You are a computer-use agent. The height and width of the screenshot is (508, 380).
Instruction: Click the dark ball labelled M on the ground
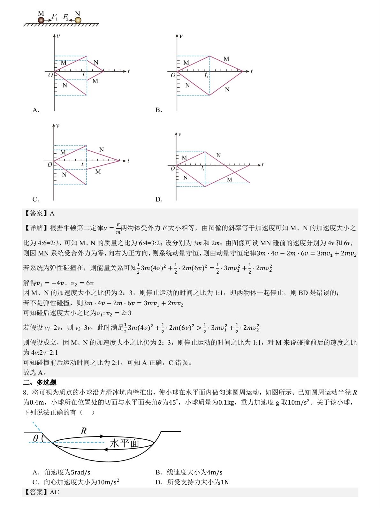[41, 20]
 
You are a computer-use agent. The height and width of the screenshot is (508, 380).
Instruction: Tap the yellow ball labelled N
[78, 20]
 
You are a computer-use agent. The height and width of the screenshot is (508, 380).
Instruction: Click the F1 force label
[55, 16]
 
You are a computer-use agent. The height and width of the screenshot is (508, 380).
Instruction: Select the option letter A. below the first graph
[36, 110]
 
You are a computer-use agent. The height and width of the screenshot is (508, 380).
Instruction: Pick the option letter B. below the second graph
[159, 110]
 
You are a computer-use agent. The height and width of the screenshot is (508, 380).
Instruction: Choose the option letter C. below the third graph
[36, 200]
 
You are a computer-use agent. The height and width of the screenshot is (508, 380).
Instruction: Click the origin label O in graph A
[50, 75]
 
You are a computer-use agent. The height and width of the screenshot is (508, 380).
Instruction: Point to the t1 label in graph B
[206, 75]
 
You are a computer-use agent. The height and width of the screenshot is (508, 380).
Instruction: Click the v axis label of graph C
[58, 125]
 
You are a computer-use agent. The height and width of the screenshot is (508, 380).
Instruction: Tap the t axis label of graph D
[262, 164]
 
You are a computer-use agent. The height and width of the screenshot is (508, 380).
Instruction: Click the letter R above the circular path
[84, 431]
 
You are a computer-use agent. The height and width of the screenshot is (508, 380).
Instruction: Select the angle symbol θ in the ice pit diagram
[36, 438]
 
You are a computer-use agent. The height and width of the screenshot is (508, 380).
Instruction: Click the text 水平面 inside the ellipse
[125, 443]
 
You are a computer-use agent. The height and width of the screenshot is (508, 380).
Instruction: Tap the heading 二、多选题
[40, 383]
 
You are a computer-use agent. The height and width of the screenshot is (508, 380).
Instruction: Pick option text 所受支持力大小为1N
[198, 482]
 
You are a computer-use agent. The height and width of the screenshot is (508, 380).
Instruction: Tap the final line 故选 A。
[35, 373]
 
